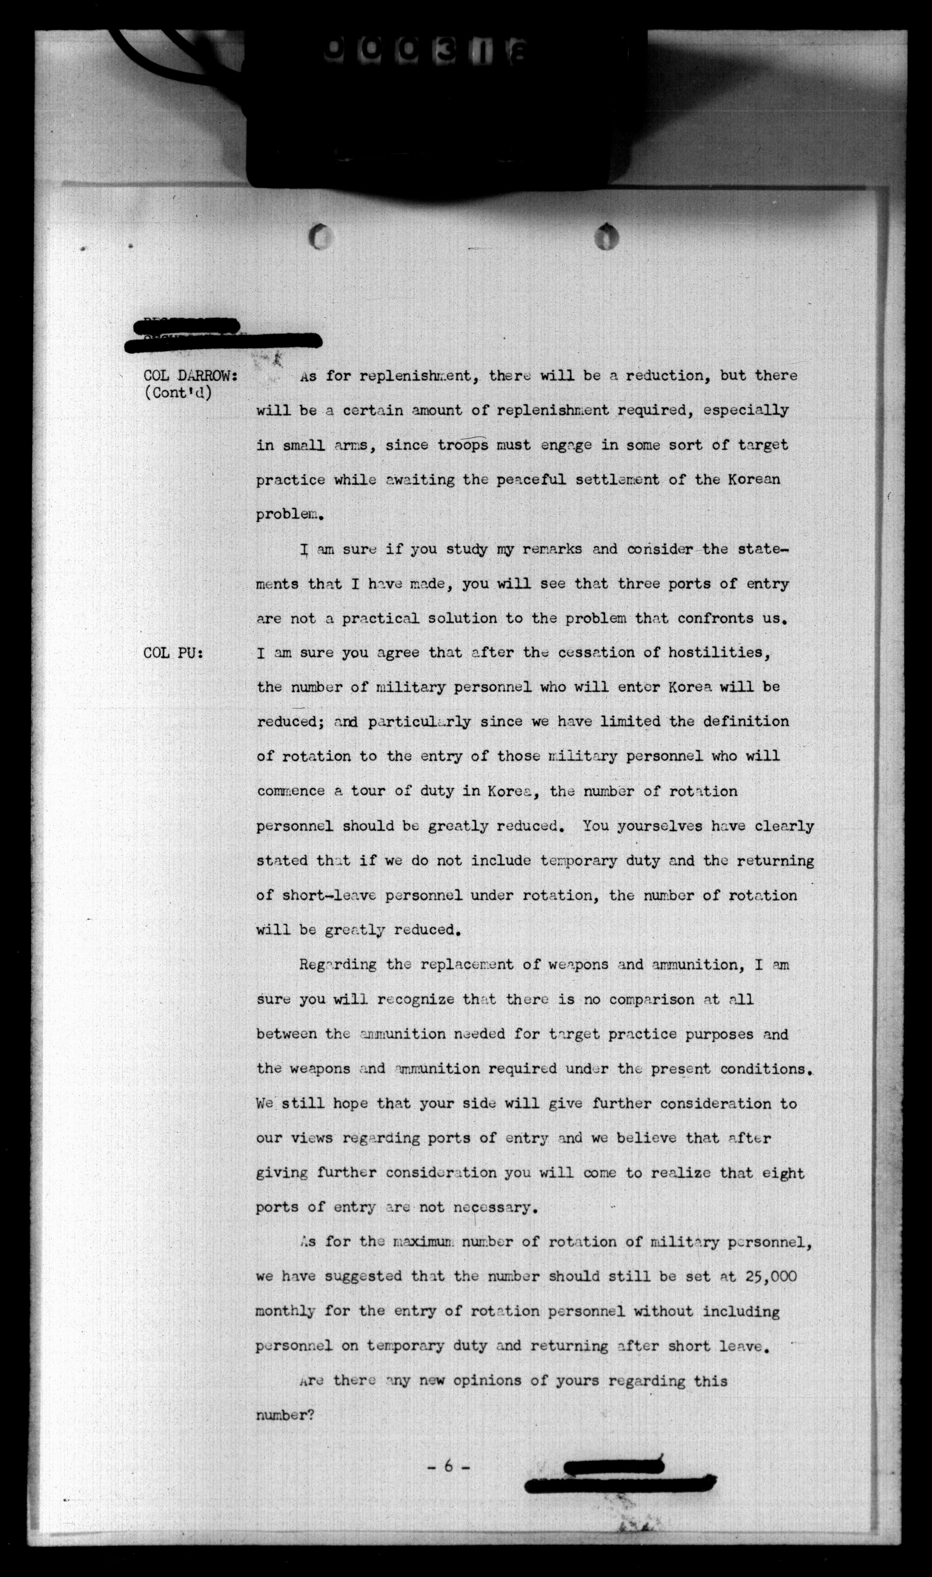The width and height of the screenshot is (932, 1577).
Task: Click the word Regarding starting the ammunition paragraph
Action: click(x=338, y=965)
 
